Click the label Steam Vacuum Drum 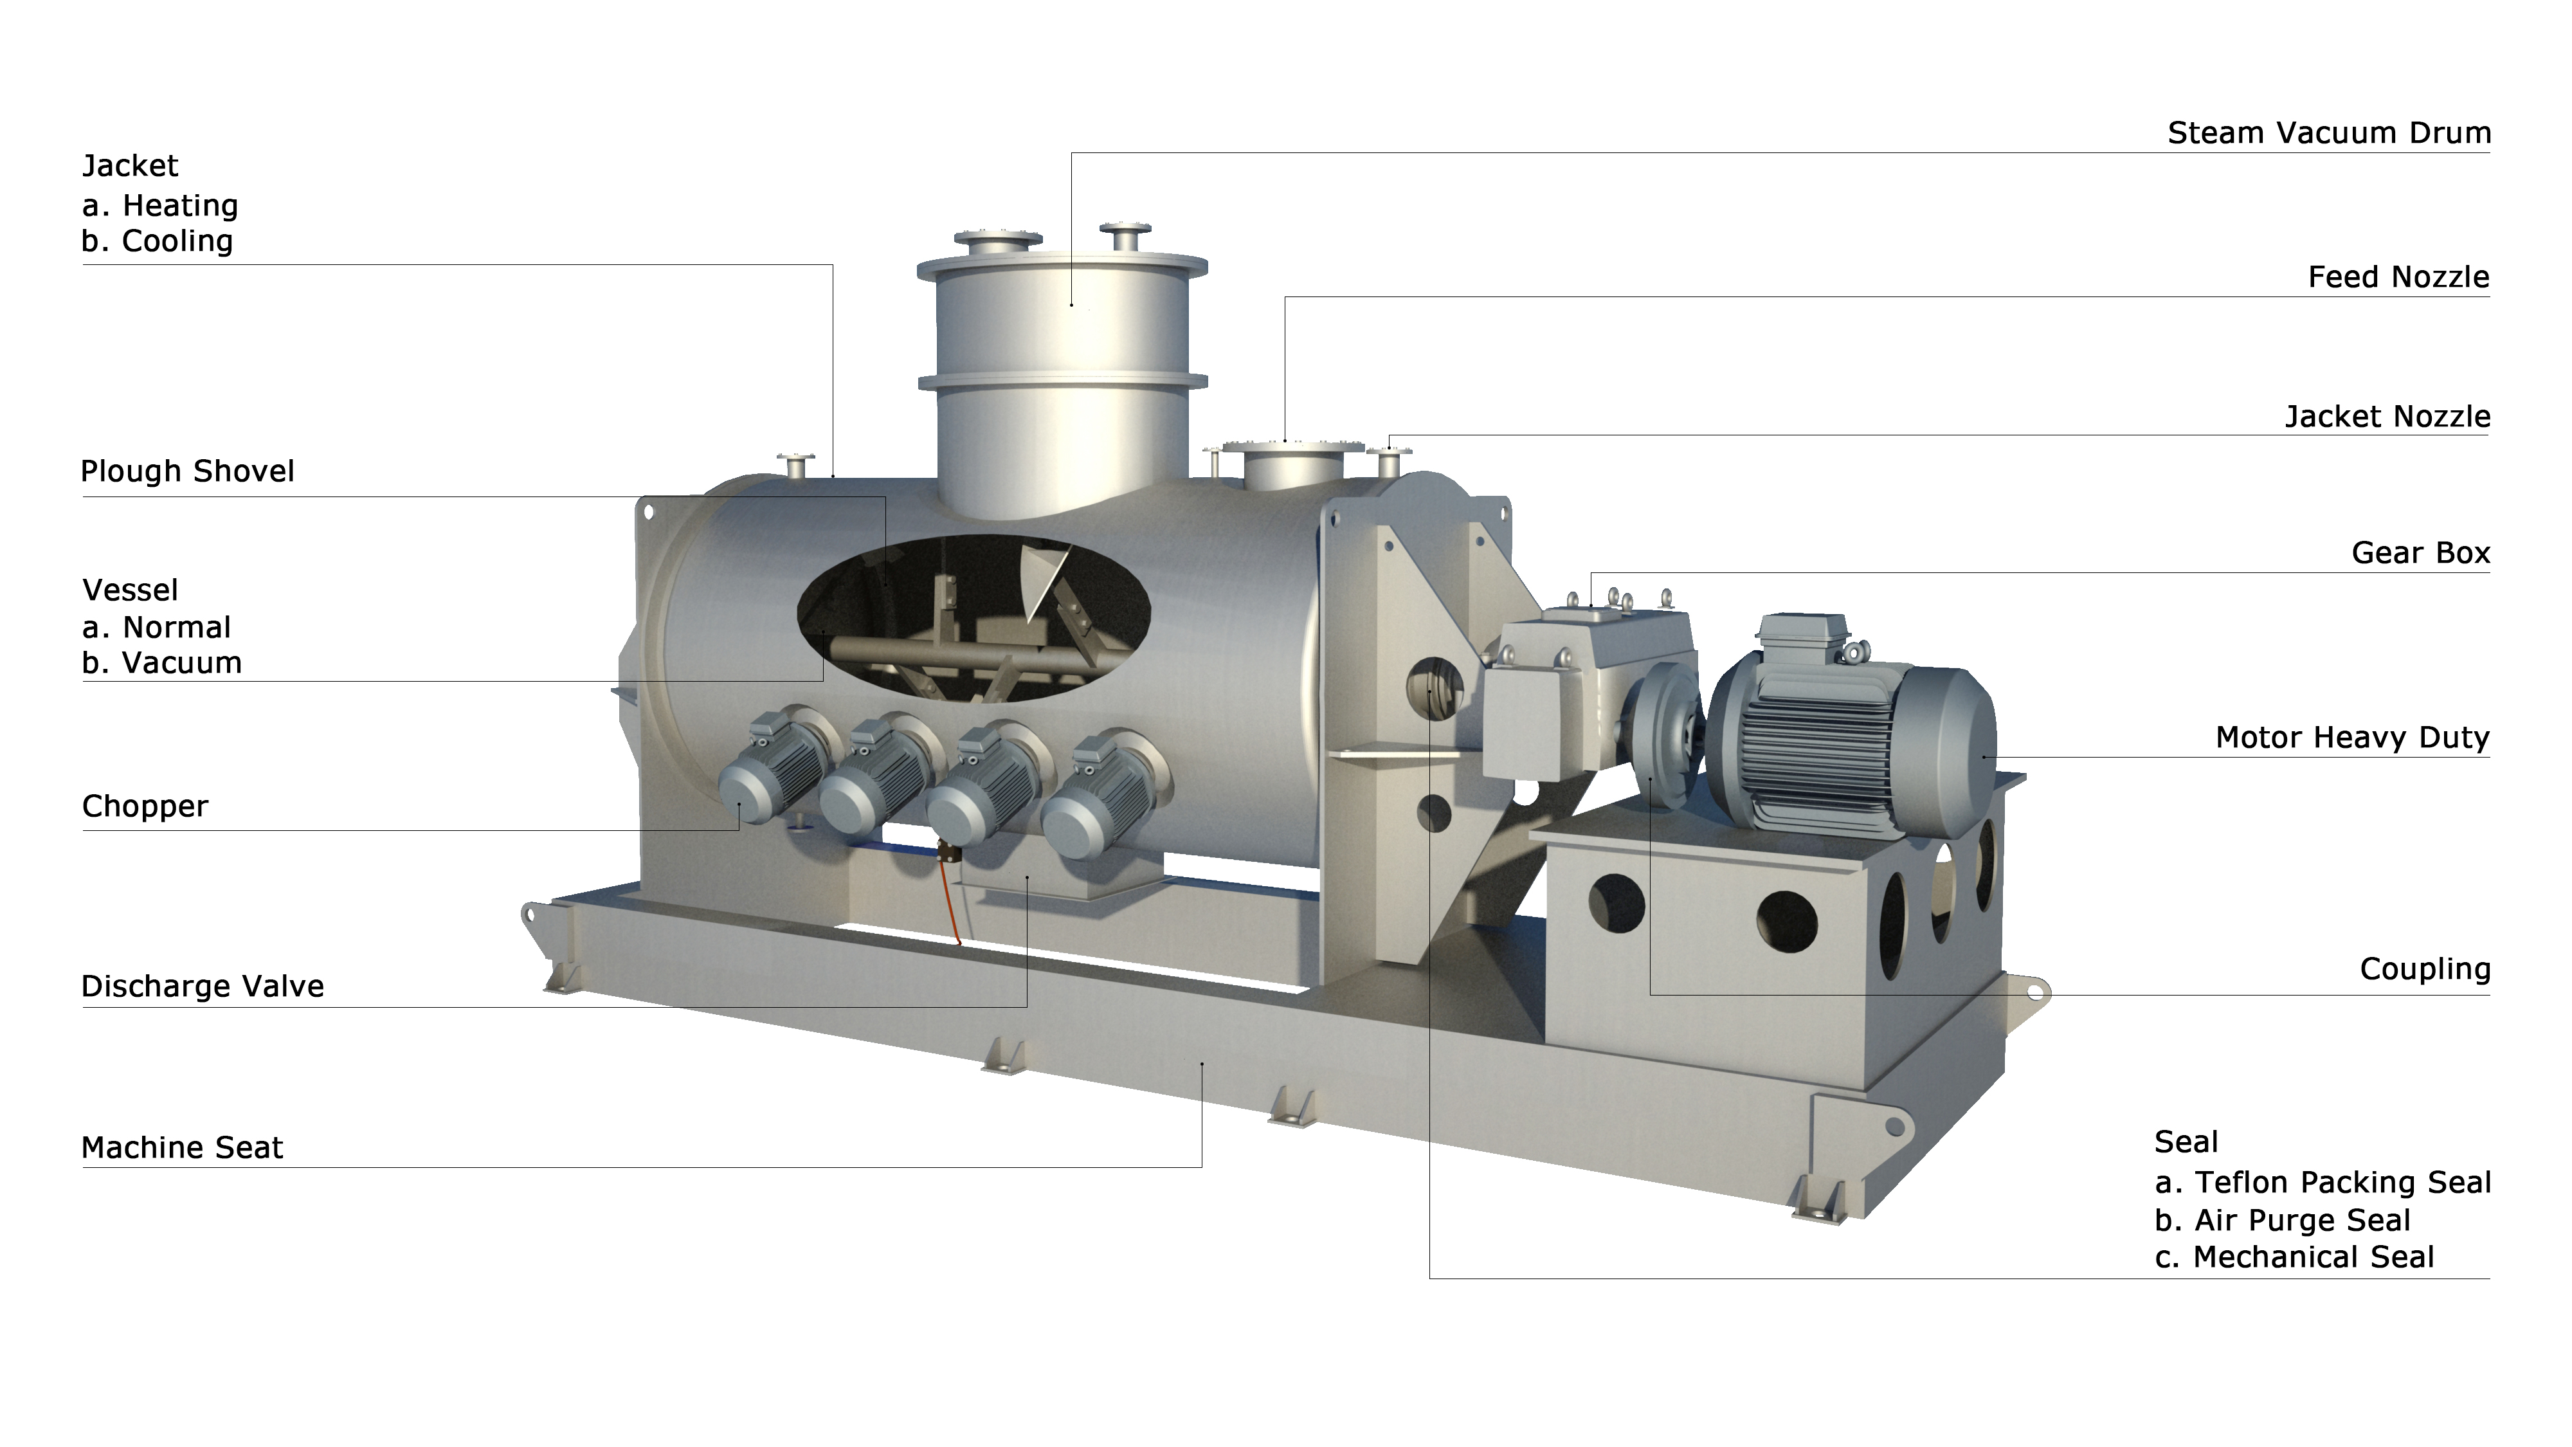[x=2328, y=133]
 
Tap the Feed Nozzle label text [x=2398, y=277]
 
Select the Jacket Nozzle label [x=2387, y=417]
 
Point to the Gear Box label [x=2420, y=552]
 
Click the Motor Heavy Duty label [x=2352, y=737]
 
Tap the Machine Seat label [x=182, y=1147]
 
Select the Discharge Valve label [x=203, y=987]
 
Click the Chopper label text [x=145, y=806]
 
